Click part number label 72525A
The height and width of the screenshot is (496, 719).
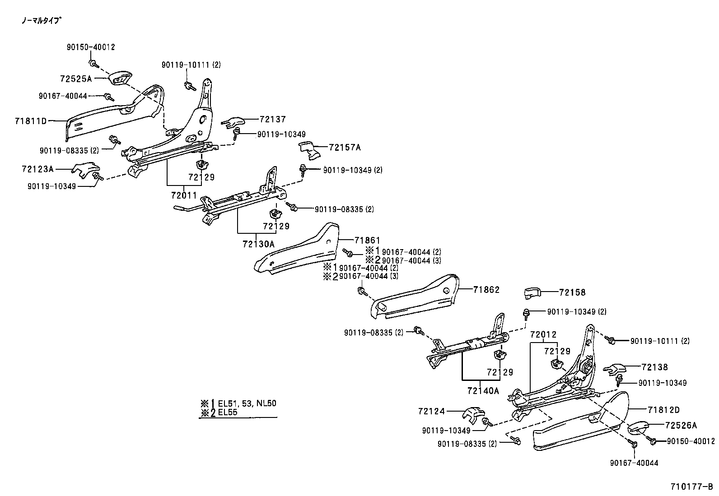point(75,79)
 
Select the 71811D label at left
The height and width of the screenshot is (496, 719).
point(30,121)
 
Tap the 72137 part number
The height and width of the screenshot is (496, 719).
point(273,119)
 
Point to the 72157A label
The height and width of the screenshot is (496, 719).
point(345,147)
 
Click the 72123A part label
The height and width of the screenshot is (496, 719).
point(37,169)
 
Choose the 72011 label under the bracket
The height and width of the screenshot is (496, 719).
point(184,195)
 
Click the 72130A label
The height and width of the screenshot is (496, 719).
point(258,244)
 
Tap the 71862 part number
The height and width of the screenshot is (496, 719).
point(486,290)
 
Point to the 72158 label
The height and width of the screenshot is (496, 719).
point(572,292)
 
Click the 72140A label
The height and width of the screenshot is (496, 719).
point(483,390)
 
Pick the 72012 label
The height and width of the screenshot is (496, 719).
point(543,334)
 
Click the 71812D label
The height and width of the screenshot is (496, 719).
point(663,410)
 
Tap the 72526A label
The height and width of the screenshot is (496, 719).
point(681,425)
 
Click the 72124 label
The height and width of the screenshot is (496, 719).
point(431,411)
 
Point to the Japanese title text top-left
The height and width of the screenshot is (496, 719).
point(41,20)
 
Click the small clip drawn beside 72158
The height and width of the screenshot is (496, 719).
point(532,293)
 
